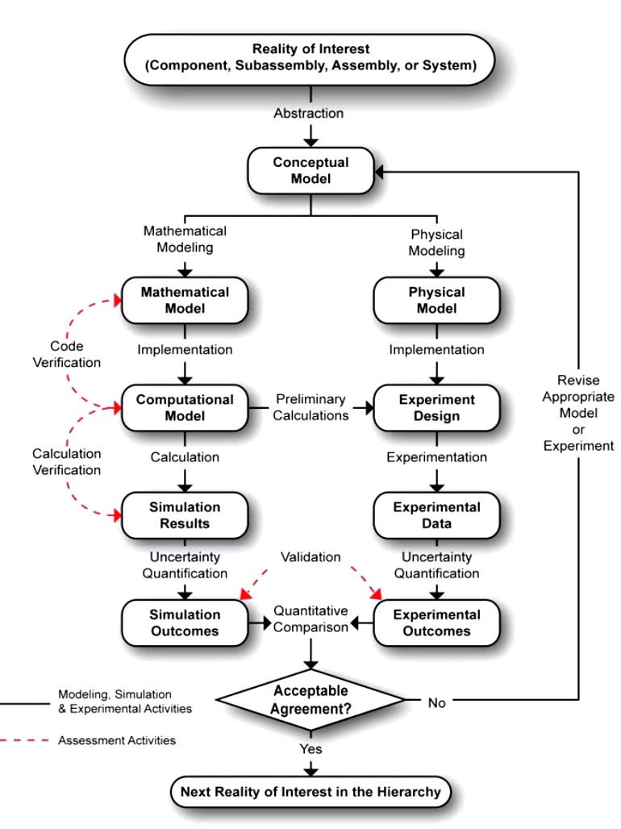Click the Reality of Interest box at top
coord(310,58)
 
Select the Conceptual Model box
coord(310,170)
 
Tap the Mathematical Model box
coord(185,300)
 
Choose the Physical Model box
coord(436,300)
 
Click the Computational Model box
coord(185,407)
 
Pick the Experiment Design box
coord(436,407)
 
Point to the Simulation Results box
coord(185,515)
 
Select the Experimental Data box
coord(436,515)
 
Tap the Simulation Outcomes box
coord(185,623)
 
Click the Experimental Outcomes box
coord(436,623)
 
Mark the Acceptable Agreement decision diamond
coord(310,700)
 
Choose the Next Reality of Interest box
coord(310,791)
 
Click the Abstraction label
coord(308,113)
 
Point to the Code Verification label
coord(67,354)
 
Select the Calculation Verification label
coord(67,461)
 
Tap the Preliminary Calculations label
coord(310,407)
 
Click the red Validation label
coord(310,557)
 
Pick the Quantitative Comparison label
coord(310,619)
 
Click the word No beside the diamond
coord(436,702)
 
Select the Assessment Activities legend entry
coord(116,739)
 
